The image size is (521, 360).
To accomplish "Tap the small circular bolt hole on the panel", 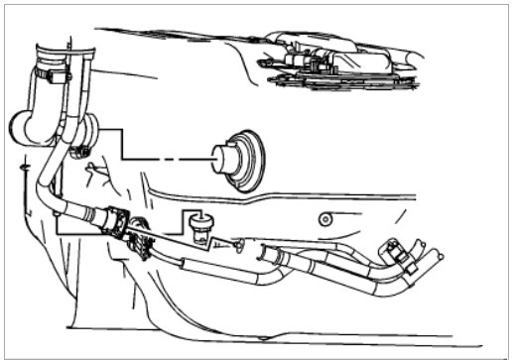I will tap(321, 219).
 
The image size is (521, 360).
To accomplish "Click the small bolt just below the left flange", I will tap(76, 152).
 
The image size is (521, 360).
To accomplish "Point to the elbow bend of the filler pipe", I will tap(46, 179).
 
